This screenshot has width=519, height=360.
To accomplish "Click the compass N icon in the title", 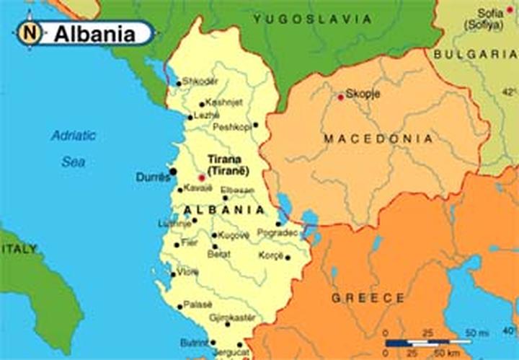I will (x=29, y=32).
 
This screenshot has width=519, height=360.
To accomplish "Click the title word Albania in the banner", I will (x=94, y=33).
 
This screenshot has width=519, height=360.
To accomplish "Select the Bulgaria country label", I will (x=476, y=53).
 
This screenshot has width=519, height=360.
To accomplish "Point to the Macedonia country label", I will (x=378, y=139).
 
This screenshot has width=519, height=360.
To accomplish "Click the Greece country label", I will (x=368, y=297).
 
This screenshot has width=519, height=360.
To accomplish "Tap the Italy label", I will (x=19, y=248).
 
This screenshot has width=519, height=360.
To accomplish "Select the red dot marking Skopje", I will (x=340, y=97).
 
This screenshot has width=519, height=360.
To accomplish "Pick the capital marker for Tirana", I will (x=201, y=177).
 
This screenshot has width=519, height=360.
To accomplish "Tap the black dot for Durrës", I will (x=173, y=171).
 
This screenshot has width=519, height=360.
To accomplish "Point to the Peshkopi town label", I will (x=231, y=127).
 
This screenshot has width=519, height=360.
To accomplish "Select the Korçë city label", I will (x=272, y=256).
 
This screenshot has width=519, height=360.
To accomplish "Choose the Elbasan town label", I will (x=238, y=190).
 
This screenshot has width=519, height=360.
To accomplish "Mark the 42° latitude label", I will (x=510, y=92).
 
